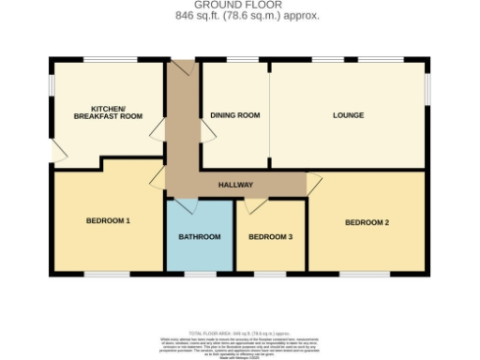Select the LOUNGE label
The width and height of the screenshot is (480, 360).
348,115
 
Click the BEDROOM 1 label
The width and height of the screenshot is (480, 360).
108,221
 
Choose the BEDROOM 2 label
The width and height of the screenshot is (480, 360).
367,222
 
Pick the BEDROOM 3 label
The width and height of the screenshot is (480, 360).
271,237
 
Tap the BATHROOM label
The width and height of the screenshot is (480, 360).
200,237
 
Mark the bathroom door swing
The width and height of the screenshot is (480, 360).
185,204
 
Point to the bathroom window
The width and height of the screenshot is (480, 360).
199,275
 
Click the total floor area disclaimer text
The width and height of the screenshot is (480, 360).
239,341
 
